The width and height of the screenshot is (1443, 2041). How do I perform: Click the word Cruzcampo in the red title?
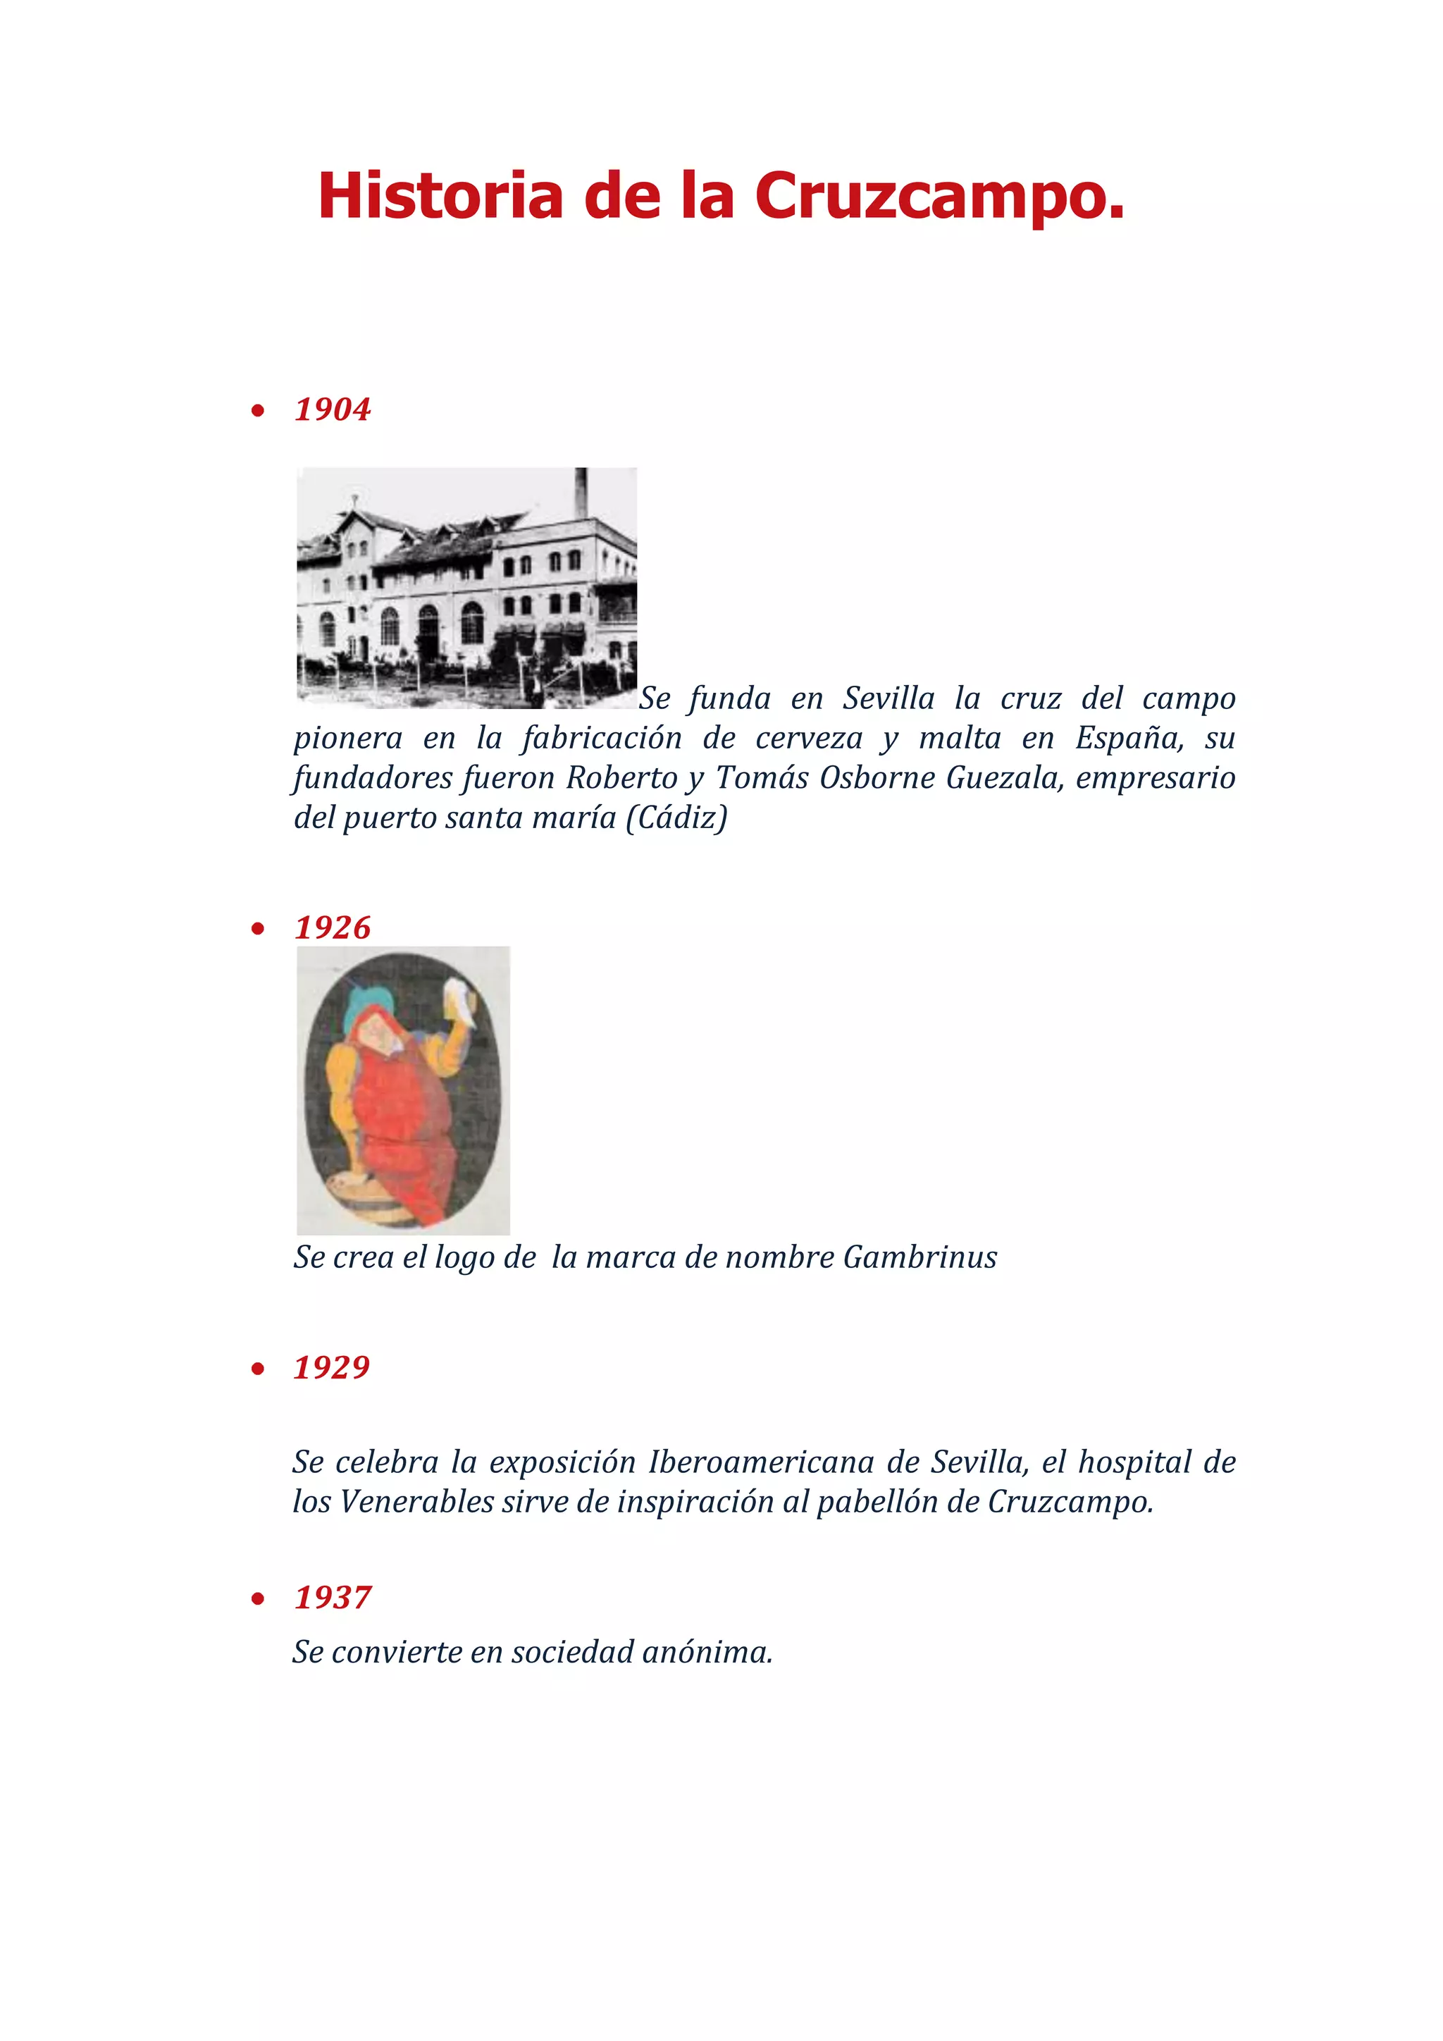tap(939, 197)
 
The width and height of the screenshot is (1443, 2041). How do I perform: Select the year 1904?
tap(333, 409)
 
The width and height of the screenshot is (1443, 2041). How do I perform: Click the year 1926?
tap(333, 928)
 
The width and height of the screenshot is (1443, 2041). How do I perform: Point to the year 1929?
tap(331, 1367)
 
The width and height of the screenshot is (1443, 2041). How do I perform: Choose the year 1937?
tap(333, 1598)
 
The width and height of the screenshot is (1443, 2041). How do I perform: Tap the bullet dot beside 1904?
tap(258, 411)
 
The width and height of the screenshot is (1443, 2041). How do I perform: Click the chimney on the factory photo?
tap(581, 492)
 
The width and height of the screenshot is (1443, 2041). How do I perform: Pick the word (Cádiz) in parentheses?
tap(676, 818)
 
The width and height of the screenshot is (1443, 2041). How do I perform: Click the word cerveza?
tap(809, 739)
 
